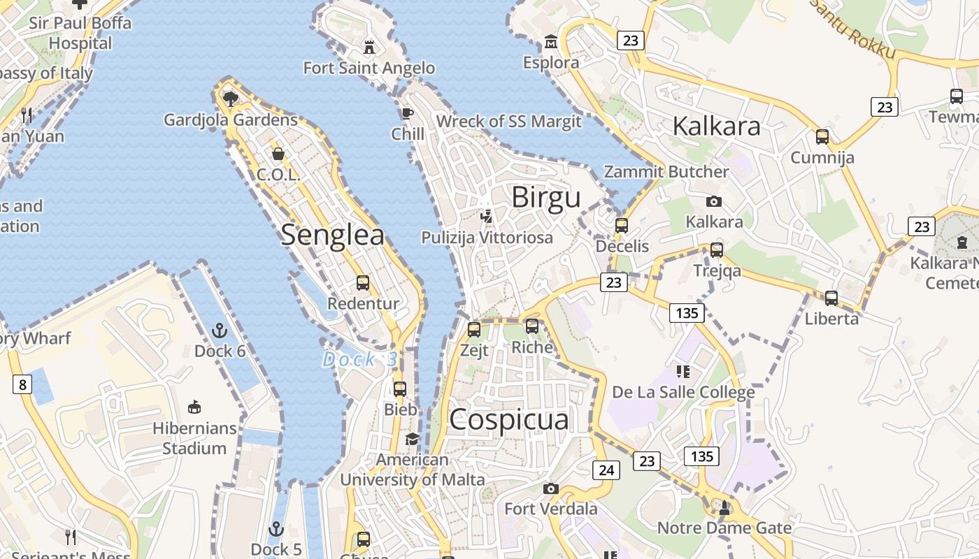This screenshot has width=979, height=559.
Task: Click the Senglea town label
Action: (x=332, y=235)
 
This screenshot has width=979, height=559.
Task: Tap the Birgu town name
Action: (x=546, y=198)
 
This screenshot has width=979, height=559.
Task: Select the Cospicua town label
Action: (x=509, y=420)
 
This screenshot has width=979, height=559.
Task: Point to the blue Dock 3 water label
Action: (x=359, y=360)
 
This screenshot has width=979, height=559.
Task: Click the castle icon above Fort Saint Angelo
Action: (x=369, y=47)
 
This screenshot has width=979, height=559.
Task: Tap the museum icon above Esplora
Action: (x=551, y=42)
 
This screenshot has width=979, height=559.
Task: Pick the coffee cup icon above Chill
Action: (x=408, y=113)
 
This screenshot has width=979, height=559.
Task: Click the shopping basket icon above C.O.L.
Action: (x=278, y=154)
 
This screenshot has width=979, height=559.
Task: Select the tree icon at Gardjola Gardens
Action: (x=230, y=99)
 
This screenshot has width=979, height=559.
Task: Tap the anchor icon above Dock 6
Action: (x=220, y=330)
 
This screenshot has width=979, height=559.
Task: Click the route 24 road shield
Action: (x=606, y=470)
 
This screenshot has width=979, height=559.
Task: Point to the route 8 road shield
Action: (x=22, y=384)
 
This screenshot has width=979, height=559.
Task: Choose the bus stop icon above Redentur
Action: (x=363, y=283)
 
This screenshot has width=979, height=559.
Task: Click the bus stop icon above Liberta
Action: (x=831, y=298)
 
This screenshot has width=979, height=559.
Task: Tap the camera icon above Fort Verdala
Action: (x=551, y=488)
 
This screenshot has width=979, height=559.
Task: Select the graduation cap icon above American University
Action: (x=413, y=439)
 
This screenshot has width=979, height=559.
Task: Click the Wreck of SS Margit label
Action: (x=508, y=122)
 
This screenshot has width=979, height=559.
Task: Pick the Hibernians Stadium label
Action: (x=194, y=438)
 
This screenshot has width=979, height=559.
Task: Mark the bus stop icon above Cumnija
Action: (x=822, y=137)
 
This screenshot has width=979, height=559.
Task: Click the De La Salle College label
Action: (x=683, y=392)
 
